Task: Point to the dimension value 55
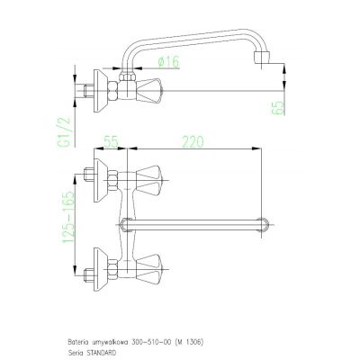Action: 112,141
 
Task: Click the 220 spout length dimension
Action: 193,141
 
